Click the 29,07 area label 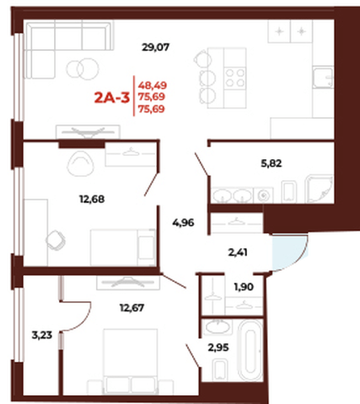(156, 48)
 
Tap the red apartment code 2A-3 (112, 98)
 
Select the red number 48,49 (153, 86)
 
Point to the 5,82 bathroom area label (271, 163)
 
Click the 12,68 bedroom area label (92, 200)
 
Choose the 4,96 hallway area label (183, 223)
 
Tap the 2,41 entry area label (237, 253)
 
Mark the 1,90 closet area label (244, 287)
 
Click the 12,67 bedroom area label (132, 308)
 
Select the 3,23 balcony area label (42, 335)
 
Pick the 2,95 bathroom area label (218, 347)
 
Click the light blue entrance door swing (289, 252)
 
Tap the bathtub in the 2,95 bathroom (250, 350)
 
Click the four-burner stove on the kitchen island (235, 78)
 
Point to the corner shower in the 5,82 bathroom (320, 189)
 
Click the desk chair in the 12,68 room (56, 240)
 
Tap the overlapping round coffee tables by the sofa (82, 69)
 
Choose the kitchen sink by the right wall (323, 78)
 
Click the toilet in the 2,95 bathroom (221, 369)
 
